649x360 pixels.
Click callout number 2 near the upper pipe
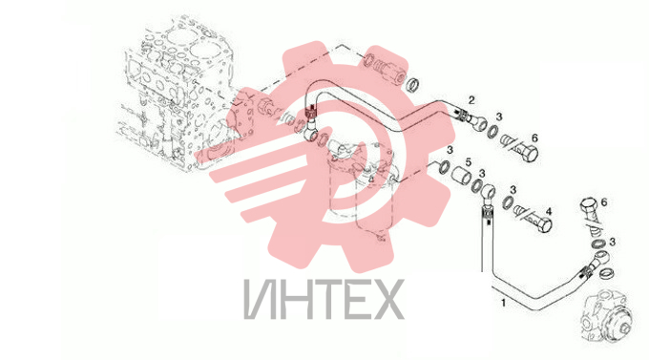(471, 100)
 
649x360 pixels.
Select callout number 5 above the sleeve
(468, 162)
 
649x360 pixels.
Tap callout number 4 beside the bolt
(549, 212)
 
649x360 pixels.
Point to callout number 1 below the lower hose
(503, 303)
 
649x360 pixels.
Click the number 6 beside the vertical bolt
(604, 202)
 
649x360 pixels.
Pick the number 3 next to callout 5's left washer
(450, 150)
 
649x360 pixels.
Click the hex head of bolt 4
(544, 225)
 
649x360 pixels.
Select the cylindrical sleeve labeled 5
(461, 176)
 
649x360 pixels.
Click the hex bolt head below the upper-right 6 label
(529, 154)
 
